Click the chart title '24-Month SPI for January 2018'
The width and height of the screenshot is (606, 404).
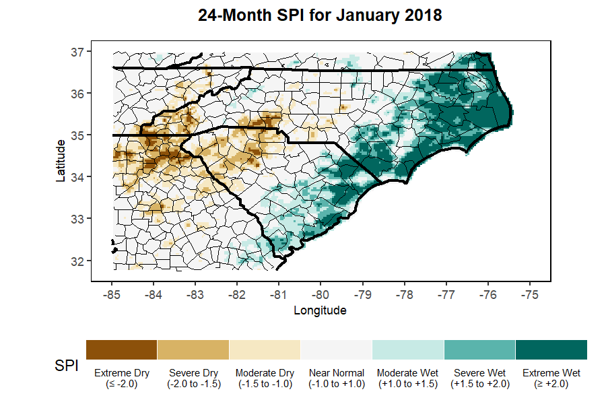click(x=320, y=15)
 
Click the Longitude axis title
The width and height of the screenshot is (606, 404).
click(x=320, y=310)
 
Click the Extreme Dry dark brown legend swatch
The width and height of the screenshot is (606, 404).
click(x=122, y=349)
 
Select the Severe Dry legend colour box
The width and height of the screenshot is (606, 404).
click(x=193, y=349)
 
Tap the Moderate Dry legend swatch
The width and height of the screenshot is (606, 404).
click(x=265, y=349)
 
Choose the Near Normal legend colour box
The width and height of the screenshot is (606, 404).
click(x=336, y=349)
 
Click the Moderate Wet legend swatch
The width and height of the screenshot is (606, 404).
click(x=408, y=349)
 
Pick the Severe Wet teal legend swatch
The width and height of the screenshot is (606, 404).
click(x=479, y=349)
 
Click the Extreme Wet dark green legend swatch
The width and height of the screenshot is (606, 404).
click(x=551, y=349)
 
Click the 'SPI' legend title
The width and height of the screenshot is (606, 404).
click(x=66, y=366)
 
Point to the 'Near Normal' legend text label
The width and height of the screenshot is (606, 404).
click(x=336, y=372)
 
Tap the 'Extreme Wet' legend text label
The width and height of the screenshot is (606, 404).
click(x=551, y=372)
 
